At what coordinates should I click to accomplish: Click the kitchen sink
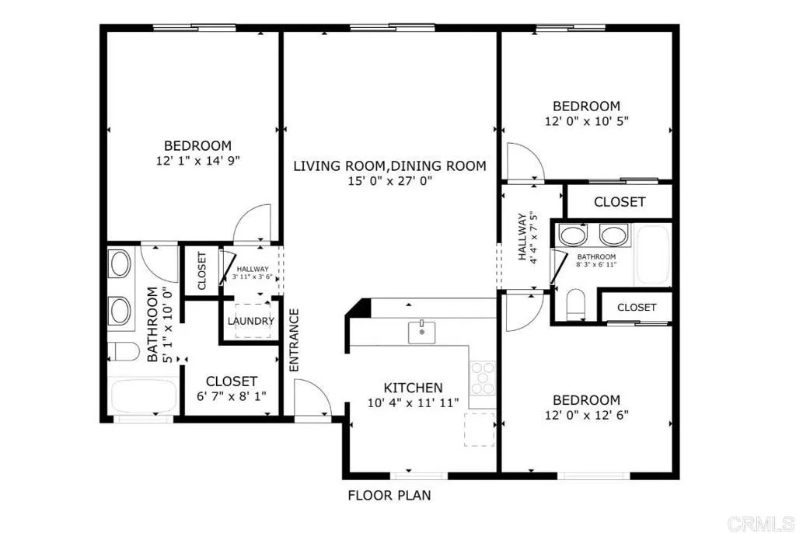(421, 333)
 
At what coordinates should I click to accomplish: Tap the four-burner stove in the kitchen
(481, 378)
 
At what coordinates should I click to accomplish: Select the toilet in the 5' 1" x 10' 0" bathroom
(121, 350)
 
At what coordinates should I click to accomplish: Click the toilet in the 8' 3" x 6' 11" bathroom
(577, 304)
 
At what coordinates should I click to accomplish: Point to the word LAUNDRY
(250, 322)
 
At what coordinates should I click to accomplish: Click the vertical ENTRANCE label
(295, 340)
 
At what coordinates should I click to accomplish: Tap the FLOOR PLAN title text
(389, 495)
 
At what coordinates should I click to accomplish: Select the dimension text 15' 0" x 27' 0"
(389, 181)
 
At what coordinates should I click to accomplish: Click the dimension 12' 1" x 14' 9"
(197, 161)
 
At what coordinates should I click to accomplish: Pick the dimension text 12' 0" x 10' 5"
(586, 121)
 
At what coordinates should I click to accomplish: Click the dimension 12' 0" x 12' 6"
(586, 415)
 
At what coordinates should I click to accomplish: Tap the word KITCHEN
(414, 388)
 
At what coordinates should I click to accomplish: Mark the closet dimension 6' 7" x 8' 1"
(232, 396)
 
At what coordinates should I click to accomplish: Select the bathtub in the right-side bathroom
(653, 255)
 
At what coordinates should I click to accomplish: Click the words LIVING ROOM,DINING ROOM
(389, 165)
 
